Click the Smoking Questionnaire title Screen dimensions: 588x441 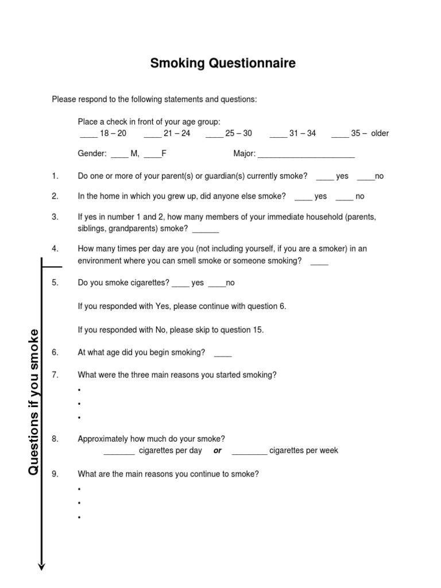point(223,63)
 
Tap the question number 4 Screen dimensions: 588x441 point(55,249)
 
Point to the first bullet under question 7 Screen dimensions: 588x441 point(79,390)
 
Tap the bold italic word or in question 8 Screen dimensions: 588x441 point(218,451)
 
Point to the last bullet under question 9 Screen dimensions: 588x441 point(79,517)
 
